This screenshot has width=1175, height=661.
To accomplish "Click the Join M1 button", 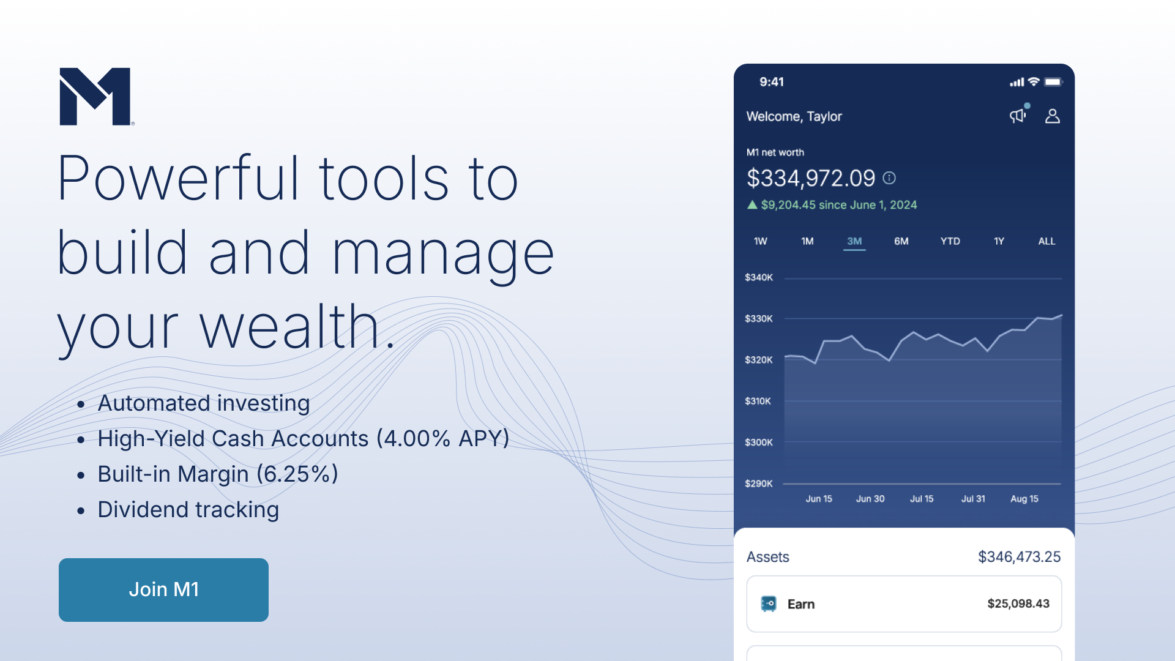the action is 163,589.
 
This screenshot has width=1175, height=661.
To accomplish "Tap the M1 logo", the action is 96,97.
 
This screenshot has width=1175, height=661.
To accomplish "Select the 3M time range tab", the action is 854,241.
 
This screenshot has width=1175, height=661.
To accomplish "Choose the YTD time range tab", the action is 950,241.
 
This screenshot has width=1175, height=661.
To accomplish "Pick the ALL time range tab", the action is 1046,241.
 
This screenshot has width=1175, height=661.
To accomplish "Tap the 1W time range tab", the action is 760,241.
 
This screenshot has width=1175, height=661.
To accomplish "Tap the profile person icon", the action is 1053,116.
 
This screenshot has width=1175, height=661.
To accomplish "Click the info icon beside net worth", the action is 889,178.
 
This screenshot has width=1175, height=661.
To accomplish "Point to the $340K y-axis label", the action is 759,277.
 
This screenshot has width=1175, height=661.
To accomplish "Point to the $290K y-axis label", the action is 759,484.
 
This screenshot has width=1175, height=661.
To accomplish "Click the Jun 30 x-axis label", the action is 870,499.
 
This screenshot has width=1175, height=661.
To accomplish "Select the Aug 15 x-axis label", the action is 1024,499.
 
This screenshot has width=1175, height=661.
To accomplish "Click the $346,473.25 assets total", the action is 1019,557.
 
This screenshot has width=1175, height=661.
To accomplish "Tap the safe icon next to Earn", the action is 769,604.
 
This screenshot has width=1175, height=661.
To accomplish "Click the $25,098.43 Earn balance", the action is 1018,603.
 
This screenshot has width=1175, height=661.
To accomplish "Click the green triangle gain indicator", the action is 752,204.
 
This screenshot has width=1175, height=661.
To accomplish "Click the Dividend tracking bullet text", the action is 188,510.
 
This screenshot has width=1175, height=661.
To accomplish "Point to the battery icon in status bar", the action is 1053,82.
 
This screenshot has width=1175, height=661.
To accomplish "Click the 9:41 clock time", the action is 772,82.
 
